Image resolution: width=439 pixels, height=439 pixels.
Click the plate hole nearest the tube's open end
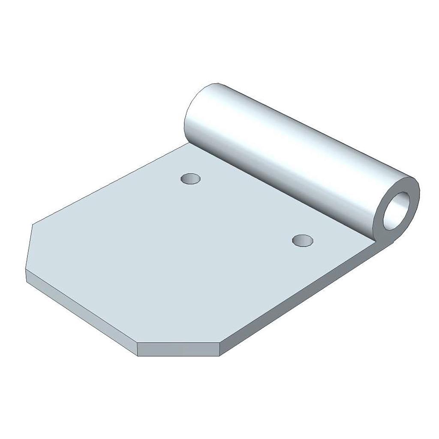tap(303, 241)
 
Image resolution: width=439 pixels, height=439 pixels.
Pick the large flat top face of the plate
tap(171, 249)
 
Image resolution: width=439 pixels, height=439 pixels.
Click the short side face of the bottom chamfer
tap(179, 349)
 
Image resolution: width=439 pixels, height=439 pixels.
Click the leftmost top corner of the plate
tap(33, 225)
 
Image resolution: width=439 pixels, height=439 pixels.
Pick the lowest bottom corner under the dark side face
tap(220, 356)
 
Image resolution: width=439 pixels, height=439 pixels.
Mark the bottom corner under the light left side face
tap(138, 355)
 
